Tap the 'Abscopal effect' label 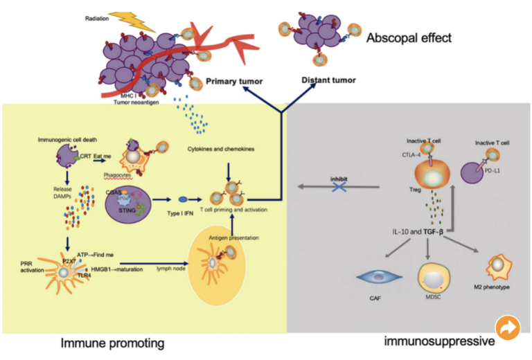[x=409, y=37]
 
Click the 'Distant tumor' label [x=328, y=80]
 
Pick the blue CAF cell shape [x=380, y=276]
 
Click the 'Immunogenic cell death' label [x=66, y=140]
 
